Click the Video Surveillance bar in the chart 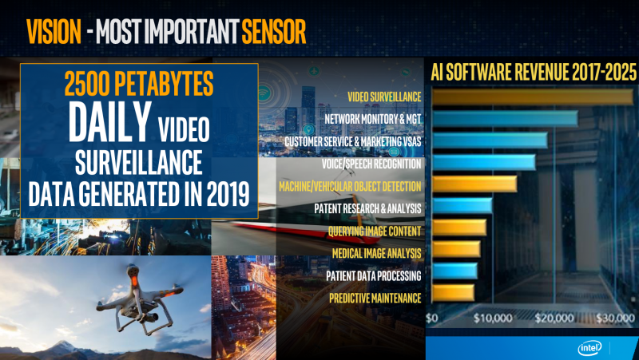point(533,97)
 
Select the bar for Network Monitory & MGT point(506,118)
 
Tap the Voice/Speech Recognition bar point(484,162)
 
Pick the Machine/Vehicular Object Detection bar point(474,184)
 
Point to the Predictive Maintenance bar point(453,293)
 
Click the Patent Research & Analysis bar point(462,206)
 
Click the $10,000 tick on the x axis point(493,318)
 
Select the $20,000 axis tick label point(554,318)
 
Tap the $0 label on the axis point(432,318)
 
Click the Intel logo point(589,348)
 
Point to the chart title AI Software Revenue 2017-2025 point(534,73)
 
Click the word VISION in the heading point(54,32)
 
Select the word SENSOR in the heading point(273,32)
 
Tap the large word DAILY point(110,122)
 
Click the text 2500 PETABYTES point(139,84)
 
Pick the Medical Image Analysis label point(376,253)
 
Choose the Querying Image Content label point(375,231)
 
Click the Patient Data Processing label point(374,275)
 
